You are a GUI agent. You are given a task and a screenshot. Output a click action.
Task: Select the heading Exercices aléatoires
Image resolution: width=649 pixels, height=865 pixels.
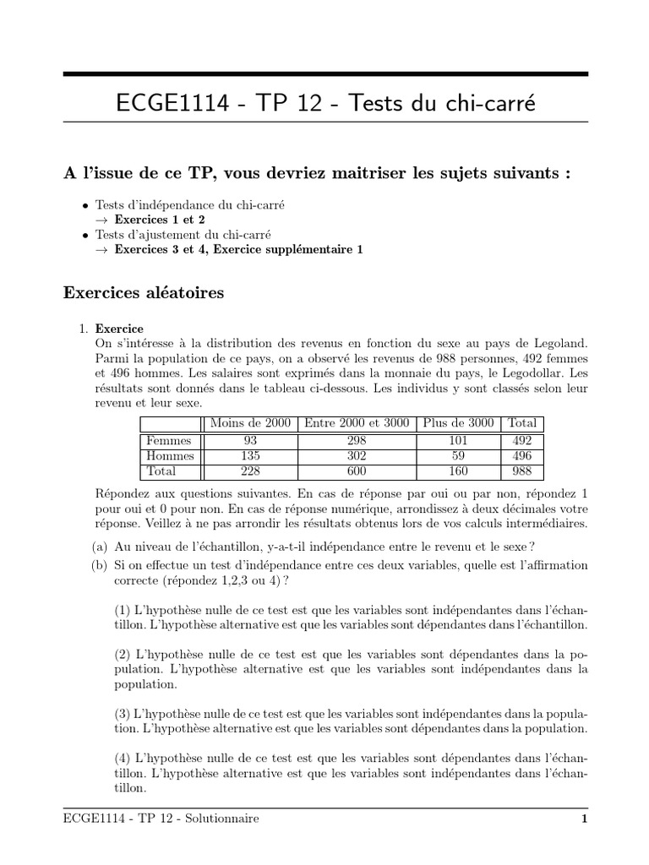click(143, 293)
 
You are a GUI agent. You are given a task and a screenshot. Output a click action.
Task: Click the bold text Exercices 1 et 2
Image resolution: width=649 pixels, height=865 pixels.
click(160, 218)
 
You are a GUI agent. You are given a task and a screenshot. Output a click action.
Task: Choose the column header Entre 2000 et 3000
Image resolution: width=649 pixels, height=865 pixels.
click(356, 423)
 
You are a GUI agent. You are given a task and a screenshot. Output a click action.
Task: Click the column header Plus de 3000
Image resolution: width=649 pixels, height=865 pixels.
click(459, 423)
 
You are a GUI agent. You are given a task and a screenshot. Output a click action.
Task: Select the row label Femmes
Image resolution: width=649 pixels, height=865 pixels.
click(169, 440)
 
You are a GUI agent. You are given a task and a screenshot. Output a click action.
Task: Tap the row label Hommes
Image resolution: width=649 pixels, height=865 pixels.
click(170, 456)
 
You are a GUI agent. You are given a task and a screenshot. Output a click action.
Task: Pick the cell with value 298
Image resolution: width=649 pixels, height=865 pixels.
click(356, 440)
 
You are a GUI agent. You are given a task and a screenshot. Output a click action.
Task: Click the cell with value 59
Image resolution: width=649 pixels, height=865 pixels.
click(459, 456)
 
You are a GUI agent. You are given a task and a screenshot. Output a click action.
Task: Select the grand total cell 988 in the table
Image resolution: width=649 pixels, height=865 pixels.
click(522, 471)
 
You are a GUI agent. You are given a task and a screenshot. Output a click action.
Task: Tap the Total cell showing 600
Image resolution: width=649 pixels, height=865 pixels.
click(356, 471)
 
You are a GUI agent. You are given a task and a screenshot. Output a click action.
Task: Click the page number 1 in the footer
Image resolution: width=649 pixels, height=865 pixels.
click(583, 819)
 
